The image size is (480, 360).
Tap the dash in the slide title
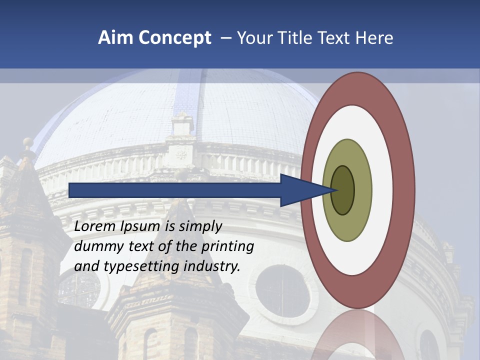tap(226, 38)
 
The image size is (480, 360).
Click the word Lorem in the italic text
tap(94, 226)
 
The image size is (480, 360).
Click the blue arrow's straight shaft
tap(175, 190)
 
